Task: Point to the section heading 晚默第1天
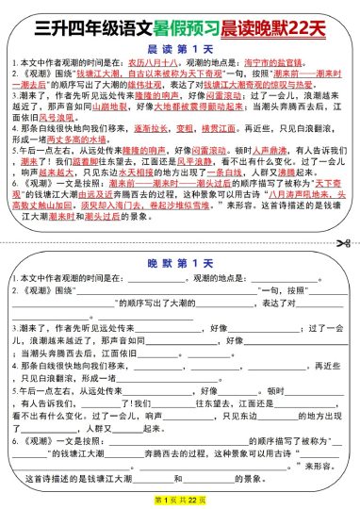pos(179,267)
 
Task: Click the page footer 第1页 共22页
pos(179,498)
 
